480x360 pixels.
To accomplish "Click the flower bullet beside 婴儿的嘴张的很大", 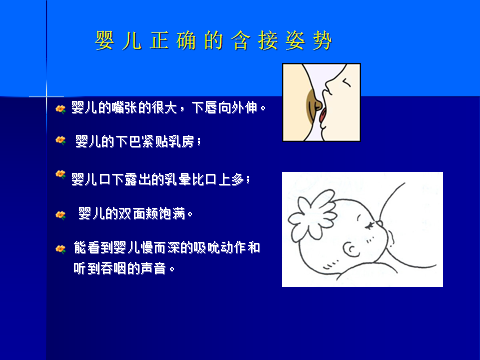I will pyautogui.click(x=61, y=106).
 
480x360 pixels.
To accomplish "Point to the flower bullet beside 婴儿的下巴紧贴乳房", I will pyautogui.click(x=61, y=141).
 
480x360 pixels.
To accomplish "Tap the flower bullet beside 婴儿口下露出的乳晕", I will pyautogui.click(x=61, y=176).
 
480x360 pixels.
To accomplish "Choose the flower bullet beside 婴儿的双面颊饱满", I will pyautogui.click(x=61, y=213).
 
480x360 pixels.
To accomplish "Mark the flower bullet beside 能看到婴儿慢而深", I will pyautogui.click(x=61, y=247).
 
